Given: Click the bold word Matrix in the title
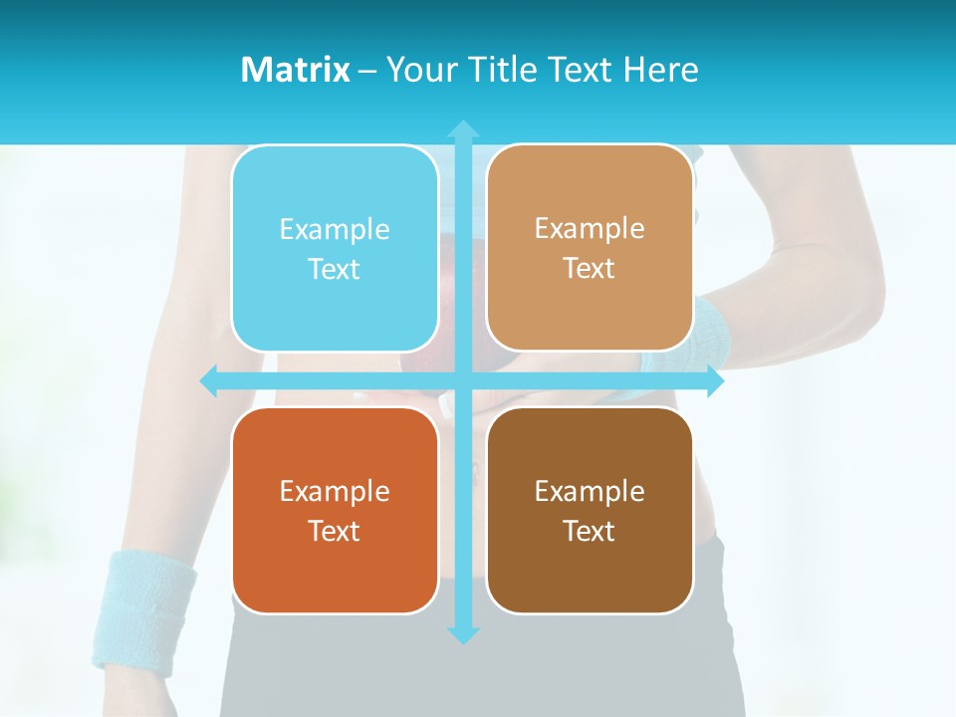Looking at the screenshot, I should tap(295, 70).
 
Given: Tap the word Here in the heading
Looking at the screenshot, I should tap(660, 70).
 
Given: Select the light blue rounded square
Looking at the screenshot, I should tap(335, 248).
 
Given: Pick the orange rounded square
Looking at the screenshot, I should tap(335, 510).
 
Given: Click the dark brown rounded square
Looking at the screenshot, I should tap(590, 510).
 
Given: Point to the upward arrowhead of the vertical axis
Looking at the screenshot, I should tap(463, 129).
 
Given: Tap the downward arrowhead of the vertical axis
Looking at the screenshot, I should tap(463, 634).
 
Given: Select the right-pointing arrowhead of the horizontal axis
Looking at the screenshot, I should tap(714, 381).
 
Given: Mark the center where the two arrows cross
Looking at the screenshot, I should tap(463, 381).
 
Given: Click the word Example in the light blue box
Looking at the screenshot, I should tap(335, 229).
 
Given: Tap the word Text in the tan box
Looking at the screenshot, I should tap(590, 268).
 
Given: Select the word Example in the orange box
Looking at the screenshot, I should tap(335, 491).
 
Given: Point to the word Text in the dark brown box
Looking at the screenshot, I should tap(590, 531).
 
